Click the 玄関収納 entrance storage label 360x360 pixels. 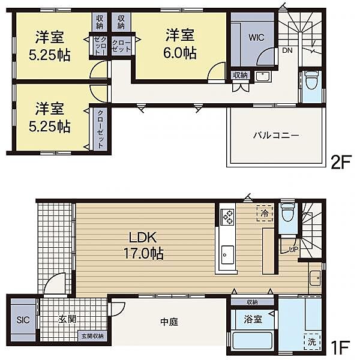[x=94, y=336]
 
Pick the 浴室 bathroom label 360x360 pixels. [x=253, y=319]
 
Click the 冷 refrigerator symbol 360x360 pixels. [x=265, y=212]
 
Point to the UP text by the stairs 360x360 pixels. [x=293, y=248]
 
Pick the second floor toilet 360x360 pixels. [x=311, y=80]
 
